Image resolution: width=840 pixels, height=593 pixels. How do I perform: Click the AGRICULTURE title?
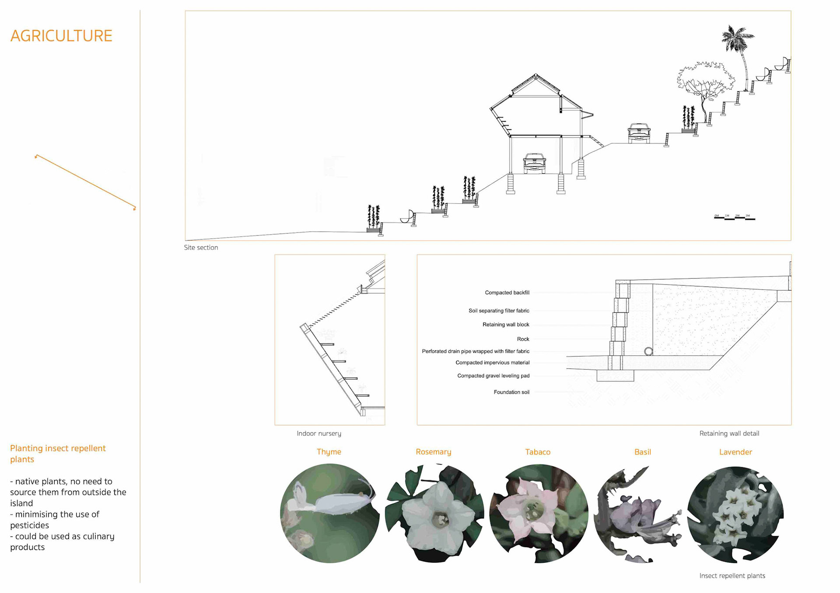61,36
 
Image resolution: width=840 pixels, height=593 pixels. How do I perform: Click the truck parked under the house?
534,163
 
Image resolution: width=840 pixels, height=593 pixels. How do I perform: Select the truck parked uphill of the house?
639,133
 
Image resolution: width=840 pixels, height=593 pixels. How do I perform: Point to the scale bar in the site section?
735,217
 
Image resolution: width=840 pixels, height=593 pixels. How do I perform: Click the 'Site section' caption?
201,247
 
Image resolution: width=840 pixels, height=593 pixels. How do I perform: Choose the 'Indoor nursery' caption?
318,433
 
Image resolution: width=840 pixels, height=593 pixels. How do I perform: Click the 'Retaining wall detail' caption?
729,433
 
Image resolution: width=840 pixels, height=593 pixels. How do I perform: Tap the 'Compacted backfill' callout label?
507,293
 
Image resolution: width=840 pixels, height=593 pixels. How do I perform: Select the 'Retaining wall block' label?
505,325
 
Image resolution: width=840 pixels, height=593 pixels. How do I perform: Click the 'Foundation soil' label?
511,392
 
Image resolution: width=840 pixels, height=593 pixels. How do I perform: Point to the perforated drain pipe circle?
648,351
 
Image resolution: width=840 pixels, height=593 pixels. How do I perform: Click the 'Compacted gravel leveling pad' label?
493,376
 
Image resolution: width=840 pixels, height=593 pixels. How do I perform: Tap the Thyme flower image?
329,513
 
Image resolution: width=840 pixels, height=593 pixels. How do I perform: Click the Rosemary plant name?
433,452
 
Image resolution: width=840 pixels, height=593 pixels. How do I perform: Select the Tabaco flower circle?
539,513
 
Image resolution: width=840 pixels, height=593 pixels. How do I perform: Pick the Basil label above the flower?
642,452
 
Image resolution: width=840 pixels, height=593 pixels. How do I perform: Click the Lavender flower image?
735,514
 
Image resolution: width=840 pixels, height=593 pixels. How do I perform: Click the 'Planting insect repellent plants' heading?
58,454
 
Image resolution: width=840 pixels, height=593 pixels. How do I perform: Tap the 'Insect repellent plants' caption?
732,576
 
